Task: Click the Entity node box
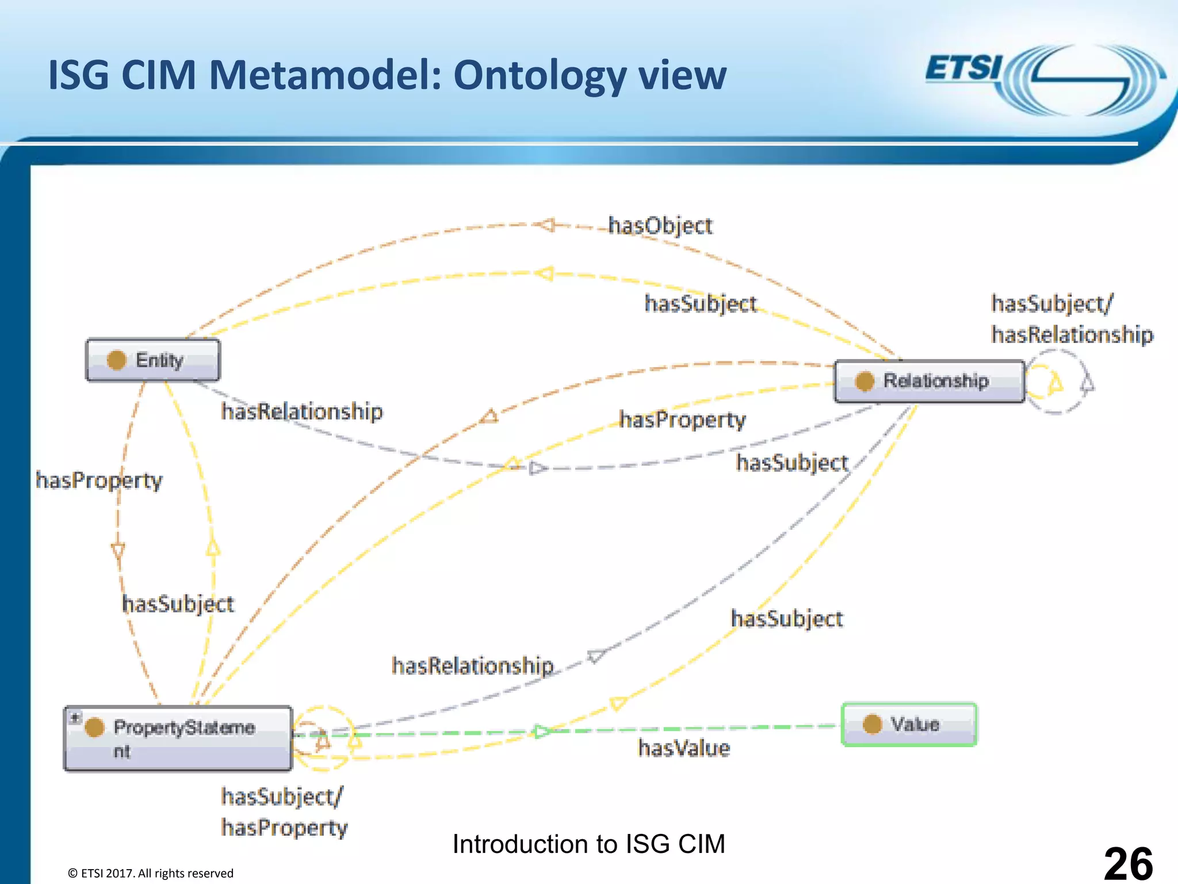coord(152,360)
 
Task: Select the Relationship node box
coord(929,381)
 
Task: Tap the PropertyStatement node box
coord(178,738)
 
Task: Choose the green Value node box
coord(909,724)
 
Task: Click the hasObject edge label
coord(660,226)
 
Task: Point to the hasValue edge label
coord(684,748)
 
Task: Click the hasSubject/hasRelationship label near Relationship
coord(1072,319)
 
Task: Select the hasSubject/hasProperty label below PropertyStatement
coord(284,812)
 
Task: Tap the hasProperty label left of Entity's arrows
coord(99,480)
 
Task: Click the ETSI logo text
coord(963,69)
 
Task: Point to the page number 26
coord(1128,863)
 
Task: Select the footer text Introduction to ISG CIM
coord(588,844)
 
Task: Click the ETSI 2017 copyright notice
coord(151,873)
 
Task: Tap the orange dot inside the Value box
coord(872,724)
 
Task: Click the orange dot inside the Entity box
coord(116,360)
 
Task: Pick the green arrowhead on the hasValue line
coord(541,731)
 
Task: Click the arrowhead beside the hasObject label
coord(546,225)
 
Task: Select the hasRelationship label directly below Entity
coord(302,411)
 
